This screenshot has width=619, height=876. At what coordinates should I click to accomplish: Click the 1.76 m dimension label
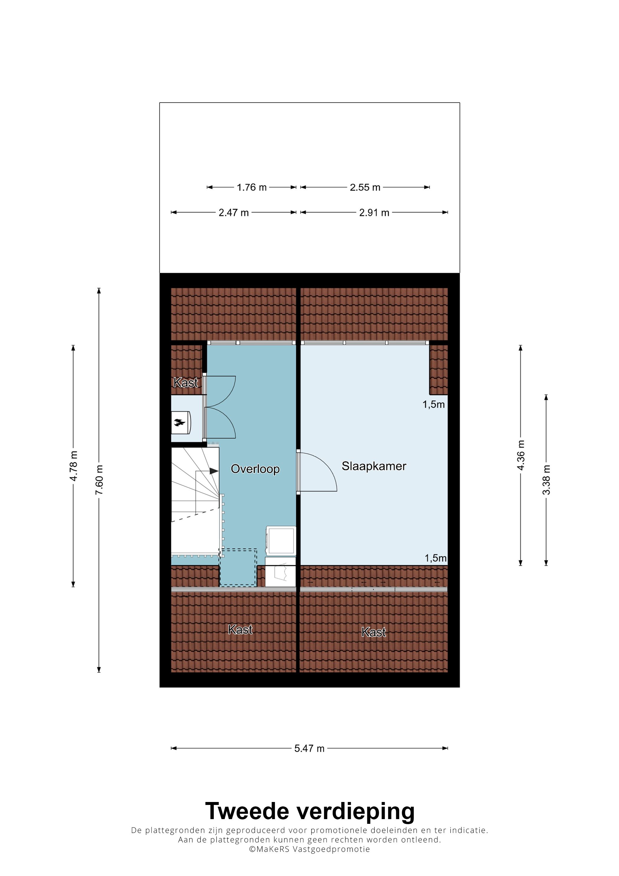point(251,187)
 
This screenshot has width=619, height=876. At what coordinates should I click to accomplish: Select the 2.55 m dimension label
point(365,187)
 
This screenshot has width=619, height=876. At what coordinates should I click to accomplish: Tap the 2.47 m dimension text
point(233,213)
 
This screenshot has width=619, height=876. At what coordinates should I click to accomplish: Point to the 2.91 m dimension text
point(374,213)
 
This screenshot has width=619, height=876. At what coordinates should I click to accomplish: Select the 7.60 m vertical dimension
point(99,480)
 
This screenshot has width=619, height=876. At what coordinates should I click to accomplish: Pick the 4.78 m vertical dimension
point(74,466)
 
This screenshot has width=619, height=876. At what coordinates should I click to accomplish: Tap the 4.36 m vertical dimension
point(521,455)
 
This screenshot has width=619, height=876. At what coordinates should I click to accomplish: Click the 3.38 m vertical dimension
point(546,480)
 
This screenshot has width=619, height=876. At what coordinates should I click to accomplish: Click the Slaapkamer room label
point(374,466)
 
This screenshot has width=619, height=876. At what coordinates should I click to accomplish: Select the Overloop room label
point(255,469)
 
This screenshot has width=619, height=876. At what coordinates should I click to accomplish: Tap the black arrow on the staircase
point(214,471)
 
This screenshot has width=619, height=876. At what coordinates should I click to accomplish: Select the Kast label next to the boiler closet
point(186,382)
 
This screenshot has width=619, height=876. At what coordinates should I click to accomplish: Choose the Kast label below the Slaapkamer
point(374,632)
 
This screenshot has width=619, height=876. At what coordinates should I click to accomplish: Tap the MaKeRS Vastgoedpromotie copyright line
point(309,849)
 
